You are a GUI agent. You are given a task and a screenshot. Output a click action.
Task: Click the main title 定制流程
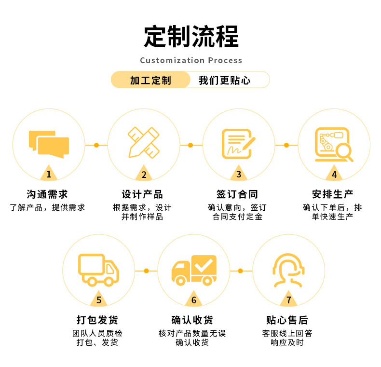coord(191,36)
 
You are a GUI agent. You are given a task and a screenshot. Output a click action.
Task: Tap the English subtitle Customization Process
coord(191,60)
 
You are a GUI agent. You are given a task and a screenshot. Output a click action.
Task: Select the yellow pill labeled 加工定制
coord(150,80)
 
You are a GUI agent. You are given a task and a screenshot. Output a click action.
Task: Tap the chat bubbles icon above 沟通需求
coord(49,144)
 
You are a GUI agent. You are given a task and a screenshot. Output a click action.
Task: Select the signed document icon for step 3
coord(238,143)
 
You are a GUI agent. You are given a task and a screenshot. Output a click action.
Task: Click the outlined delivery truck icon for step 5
coord(98,270)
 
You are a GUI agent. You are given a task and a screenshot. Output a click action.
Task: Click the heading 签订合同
coord(237,194)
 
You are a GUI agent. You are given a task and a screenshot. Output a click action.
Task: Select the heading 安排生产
coord(332,194)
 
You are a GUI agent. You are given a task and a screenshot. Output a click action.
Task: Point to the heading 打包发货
coord(97,320)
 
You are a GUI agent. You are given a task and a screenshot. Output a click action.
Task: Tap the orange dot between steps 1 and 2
coord(96,145)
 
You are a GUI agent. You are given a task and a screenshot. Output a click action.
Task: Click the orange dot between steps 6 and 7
coord(241,271)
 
